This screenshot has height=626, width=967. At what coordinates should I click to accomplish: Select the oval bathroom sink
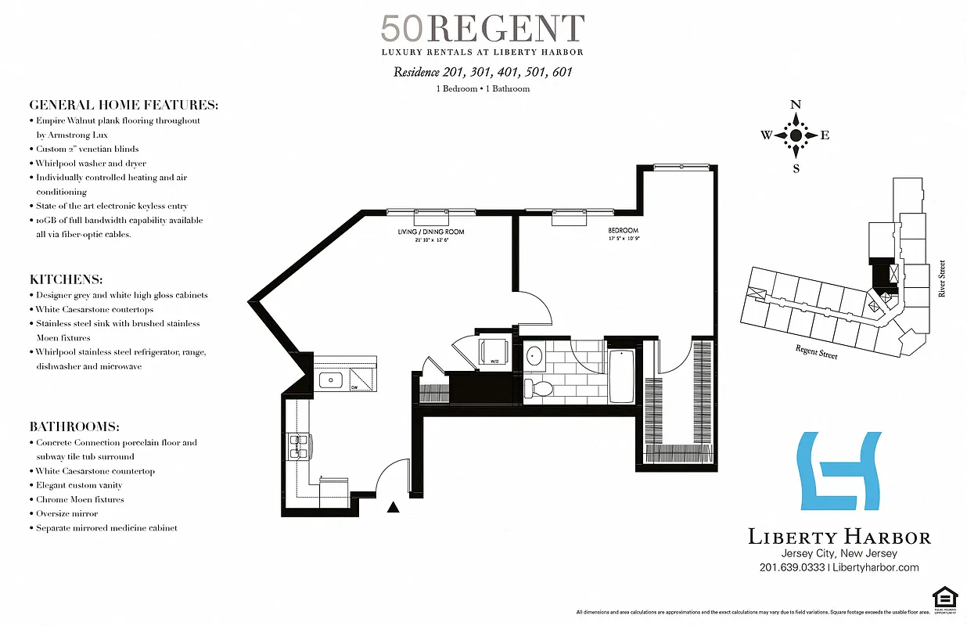pos(535,357)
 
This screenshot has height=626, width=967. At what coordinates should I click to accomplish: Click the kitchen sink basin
pos(332,380)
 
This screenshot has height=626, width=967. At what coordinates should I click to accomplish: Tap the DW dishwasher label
pos(354,387)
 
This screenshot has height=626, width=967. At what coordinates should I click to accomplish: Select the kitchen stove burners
pos(298,446)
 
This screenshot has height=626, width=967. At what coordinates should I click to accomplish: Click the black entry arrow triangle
pos(394,507)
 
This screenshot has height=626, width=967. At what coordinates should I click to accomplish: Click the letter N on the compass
pos(796,105)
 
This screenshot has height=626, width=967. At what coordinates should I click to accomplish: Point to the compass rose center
pos(796,135)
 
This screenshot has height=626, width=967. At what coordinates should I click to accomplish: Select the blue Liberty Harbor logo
pos(838,470)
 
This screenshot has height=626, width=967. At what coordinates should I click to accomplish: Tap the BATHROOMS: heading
pos(74,426)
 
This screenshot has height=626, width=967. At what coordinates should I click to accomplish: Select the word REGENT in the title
pos(506,29)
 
